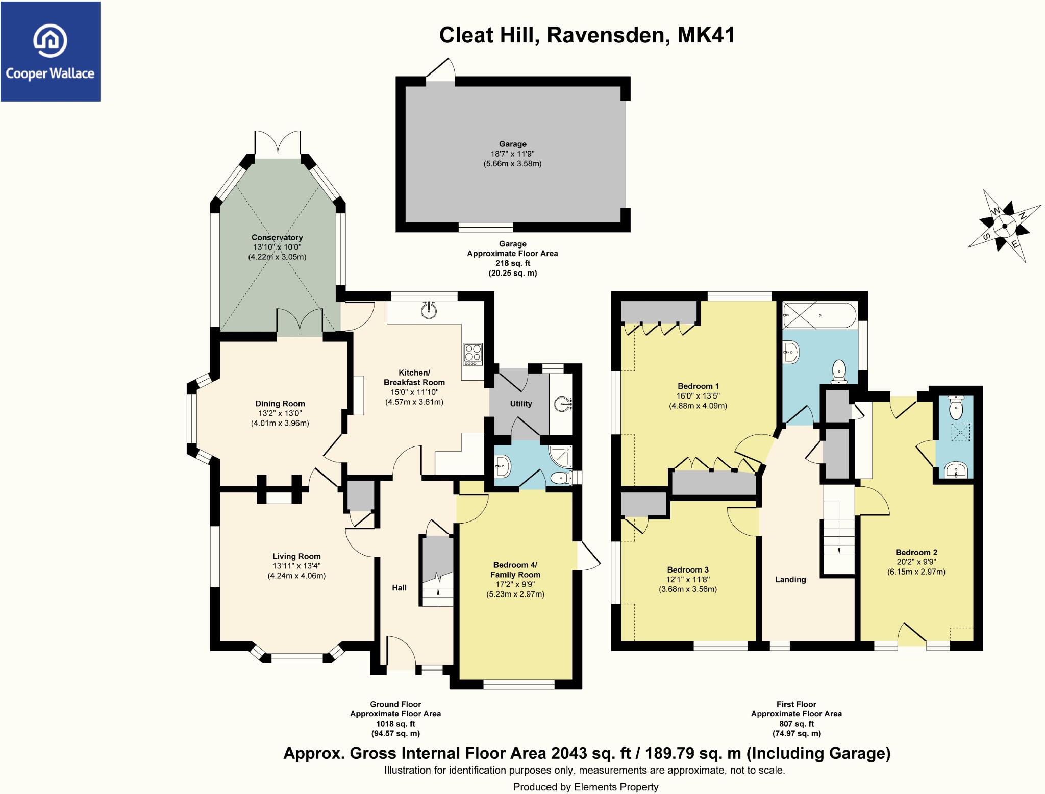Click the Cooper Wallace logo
pos(50,51)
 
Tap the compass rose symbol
pos(1004,226)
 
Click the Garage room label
pos(512,144)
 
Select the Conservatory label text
pos(277,237)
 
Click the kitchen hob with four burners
pos(472,354)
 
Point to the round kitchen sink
pos(430,310)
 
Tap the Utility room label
pos(521,404)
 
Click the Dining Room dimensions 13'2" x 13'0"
pos(280,413)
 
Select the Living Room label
pos(296,556)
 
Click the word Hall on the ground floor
pos(399,587)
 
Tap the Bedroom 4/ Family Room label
pos(515,569)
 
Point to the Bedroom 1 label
pos(698,386)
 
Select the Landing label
pos(790,579)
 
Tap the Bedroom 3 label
pos(688,569)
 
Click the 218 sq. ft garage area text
pos(512,263)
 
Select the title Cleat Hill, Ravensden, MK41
pos(587,35)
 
